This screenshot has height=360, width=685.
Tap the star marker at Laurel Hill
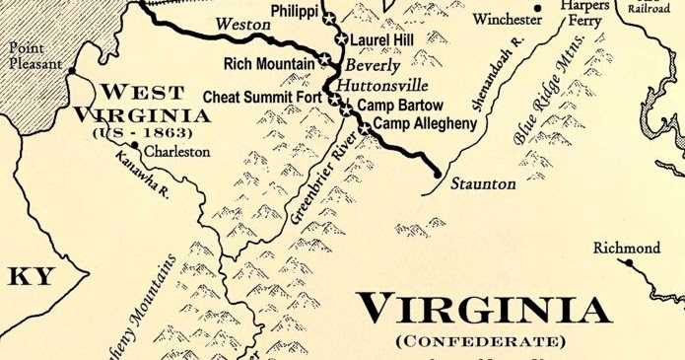pyautogui.click(x=341, y=39)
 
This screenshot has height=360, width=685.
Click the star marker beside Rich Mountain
pyautogui.click(x=324, y=60)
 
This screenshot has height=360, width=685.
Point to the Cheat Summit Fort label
pyautogui.click(x=265, y=97)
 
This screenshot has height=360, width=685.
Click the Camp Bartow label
pyautogui.click(x=400, y=105)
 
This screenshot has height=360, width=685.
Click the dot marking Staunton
pyautogui.click(x=438, y=174)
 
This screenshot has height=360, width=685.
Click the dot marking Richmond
pyautogui.click(x=627, y=264)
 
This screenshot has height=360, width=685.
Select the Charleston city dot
pyautogui.click(x=135, y=145)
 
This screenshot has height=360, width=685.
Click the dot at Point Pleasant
pyautogui.click(x=71, y=70)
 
